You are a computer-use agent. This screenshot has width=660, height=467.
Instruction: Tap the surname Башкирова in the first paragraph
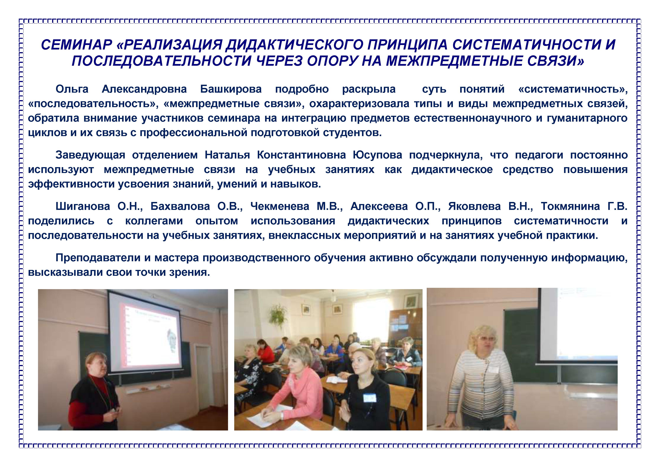[231, 89]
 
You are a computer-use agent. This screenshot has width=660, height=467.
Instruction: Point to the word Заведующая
[90, 155]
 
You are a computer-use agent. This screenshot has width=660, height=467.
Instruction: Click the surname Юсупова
[377, 155]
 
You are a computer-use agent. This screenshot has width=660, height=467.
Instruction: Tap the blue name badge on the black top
[369, 398]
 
